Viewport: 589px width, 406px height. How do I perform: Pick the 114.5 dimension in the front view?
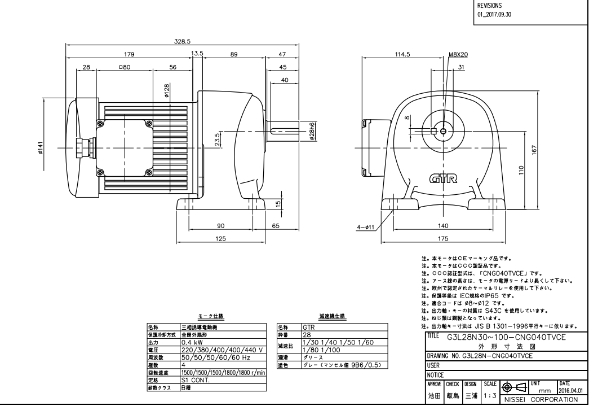(x=401, y=54)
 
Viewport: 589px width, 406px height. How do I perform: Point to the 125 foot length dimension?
(x=220, y=238)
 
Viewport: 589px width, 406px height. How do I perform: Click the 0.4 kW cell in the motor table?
(x=194, y=342)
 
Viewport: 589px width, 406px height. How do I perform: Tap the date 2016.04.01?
(x=572, y=389)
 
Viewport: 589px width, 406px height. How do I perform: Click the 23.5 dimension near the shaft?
(x=218, y=139)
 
